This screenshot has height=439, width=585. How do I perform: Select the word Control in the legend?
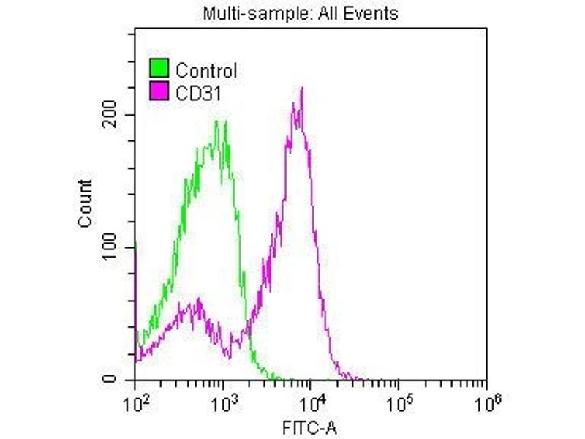206,71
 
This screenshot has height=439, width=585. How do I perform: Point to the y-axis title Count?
85,203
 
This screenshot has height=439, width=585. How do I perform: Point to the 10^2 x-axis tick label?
134,401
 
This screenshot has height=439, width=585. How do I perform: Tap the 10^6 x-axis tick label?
486,401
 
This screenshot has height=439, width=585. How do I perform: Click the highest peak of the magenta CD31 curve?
301,89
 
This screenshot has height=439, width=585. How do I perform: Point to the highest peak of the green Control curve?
216,121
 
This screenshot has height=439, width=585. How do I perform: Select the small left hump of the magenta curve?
192,304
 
